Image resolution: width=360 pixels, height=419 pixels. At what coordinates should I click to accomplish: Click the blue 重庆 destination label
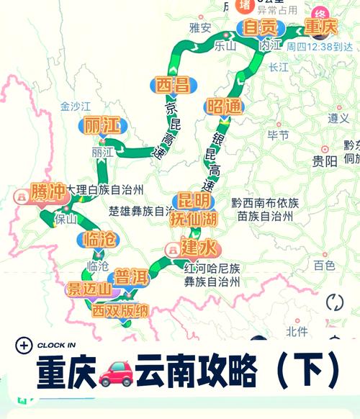pyautogui.click(x=320, y=27)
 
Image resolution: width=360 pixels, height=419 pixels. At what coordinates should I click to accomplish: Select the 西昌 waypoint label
pyautogui.click(x=171, y=85)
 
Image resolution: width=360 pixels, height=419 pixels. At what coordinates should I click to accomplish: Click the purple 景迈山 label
pyautogui.click(x=89, y=290)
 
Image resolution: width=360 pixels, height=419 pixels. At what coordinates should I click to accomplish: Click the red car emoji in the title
pyautogui.click(x=115, y=371)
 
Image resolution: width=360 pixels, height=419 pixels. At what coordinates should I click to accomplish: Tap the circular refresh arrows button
pyautogui.click(x=335, y=302)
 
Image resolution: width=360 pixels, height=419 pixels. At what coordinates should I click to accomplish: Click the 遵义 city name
pyautogui.click(x=338, y=117)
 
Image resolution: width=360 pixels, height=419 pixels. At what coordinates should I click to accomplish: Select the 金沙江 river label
pyautogui.click(x=75, y=106)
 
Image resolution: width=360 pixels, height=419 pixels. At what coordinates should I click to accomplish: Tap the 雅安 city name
pyautogui.click(x=199, y=28)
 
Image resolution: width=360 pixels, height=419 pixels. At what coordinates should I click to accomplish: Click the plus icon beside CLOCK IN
pyautogui.click(x=23, y=345)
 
